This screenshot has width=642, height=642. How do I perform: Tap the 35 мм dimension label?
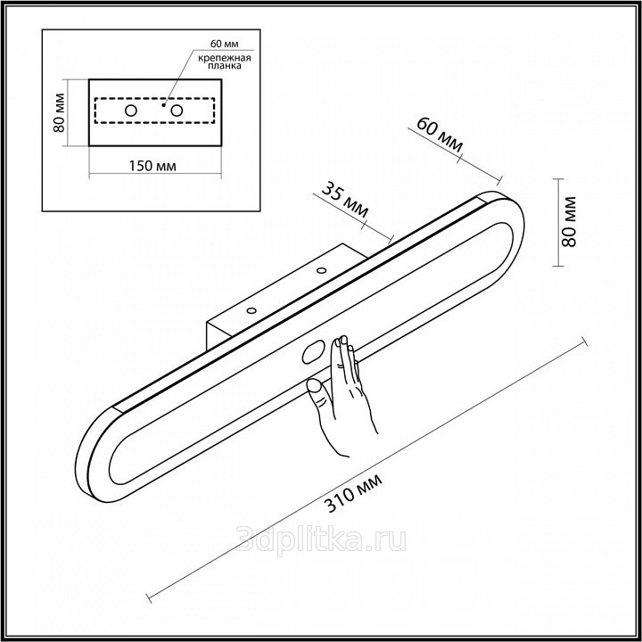tap(345, 201)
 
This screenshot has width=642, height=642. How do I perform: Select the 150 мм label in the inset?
tap(152, 166)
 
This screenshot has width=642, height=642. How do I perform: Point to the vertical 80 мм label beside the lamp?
tap(569, 222)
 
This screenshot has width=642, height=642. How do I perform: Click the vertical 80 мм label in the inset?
tap(59, 112)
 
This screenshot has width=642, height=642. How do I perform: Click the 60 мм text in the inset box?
tap(225, 44)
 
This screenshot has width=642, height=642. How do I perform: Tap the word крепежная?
tap(225, 58)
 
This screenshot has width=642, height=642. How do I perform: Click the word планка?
tap(225, 66)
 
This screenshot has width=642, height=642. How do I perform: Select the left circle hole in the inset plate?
tap(131, 111)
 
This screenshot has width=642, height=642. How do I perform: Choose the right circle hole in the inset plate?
tap(177, 111)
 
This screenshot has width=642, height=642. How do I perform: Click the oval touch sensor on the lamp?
tap(313, 353)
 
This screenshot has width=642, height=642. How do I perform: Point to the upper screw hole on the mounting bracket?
tap(321, 270)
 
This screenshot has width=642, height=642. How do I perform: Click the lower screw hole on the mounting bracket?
tap(251, 310)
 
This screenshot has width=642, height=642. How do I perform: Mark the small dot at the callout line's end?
tap(163, 105)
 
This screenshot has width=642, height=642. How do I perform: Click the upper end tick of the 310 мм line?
tap(585, 341)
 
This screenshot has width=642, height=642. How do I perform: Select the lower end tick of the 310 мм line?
tap(149, 597)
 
